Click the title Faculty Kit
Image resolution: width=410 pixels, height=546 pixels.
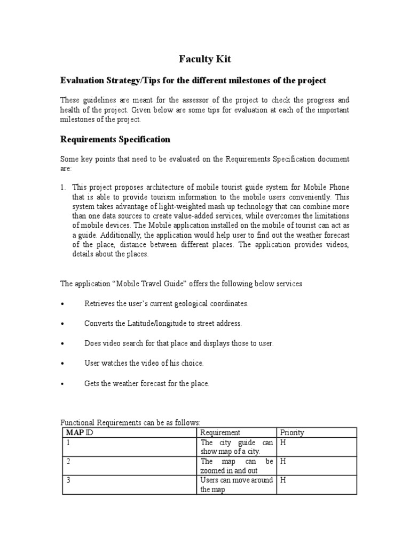[x=204, y=59]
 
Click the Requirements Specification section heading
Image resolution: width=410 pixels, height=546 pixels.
[x=115, y=139]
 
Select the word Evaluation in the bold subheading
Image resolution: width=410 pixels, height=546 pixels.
[x=81, y=80]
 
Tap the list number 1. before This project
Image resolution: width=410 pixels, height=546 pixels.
[x=62, y=187]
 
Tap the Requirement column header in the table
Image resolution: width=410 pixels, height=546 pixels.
[x=220, y=432]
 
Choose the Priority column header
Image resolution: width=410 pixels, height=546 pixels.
[x=291, y=432]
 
